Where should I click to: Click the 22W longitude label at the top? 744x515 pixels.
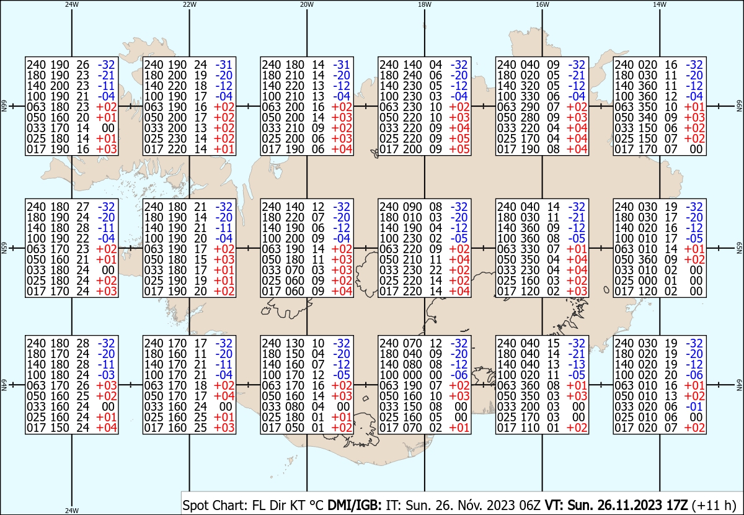(189, 4)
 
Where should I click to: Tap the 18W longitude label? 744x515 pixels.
(425, 4)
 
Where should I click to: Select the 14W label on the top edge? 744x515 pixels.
(660, 4)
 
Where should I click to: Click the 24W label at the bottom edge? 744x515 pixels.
(72, 510)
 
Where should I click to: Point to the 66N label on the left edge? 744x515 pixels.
(4, 106)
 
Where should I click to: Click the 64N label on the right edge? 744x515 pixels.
(739, 385)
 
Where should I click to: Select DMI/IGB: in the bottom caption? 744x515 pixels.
(355, 505)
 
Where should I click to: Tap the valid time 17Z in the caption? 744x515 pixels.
(676, 505)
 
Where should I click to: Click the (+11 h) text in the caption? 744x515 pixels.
(714, 505)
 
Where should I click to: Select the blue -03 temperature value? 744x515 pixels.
(106, 375)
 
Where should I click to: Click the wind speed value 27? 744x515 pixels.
(82, 207)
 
